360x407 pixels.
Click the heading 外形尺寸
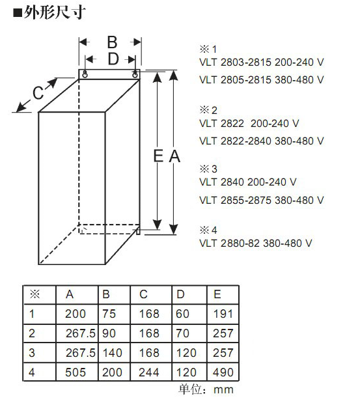(55, 13)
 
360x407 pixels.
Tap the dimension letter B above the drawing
(112, 42)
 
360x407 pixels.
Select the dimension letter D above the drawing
(113, 59)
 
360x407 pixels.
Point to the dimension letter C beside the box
(38, 92)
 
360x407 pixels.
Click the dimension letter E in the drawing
(158, 156)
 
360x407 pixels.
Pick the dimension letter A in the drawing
(174, 156)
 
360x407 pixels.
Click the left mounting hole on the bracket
(85, 74)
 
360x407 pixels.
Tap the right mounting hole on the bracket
(135, 74)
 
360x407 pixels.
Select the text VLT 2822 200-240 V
(249, 124)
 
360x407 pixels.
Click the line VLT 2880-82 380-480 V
(255, 243)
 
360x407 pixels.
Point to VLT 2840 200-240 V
(248, 182)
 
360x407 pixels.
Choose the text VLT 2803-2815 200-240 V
(262, 63)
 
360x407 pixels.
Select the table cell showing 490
(223, 372)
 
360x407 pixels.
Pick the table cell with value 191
(223, 314)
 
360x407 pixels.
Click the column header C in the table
(143, 294)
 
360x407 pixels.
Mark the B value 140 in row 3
(113, 353)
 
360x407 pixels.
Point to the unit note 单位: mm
(206, 389)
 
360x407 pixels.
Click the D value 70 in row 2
(182, 333)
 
